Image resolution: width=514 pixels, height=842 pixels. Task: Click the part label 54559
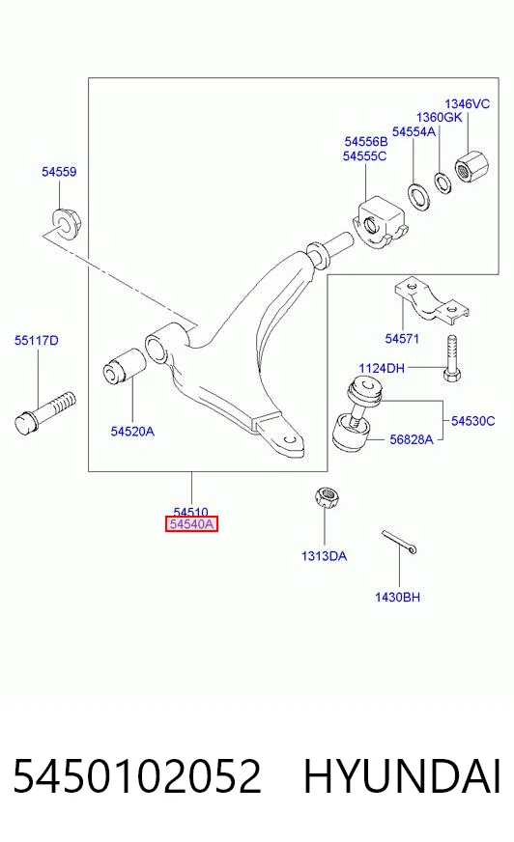click(59, 172)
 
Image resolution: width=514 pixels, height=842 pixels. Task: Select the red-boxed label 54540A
click(191, 524)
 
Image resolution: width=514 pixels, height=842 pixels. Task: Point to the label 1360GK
click(439, 117)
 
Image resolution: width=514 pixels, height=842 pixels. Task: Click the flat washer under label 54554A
click(419, 197)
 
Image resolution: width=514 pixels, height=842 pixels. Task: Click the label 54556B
click(366, 142)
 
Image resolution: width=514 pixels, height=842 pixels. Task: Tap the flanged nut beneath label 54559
click(65, 222)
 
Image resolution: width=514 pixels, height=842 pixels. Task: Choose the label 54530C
click(472, 421)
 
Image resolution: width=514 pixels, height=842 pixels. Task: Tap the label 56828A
click(411, 439)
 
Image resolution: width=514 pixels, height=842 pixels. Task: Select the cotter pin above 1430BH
click(399, 543)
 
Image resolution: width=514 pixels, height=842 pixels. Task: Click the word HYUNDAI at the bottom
click(403, 776)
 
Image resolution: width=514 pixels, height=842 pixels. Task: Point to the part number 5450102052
click(137, 776)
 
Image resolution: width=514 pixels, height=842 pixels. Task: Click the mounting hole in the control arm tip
click(290, 439)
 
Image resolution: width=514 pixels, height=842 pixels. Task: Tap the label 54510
click(190, 512)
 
